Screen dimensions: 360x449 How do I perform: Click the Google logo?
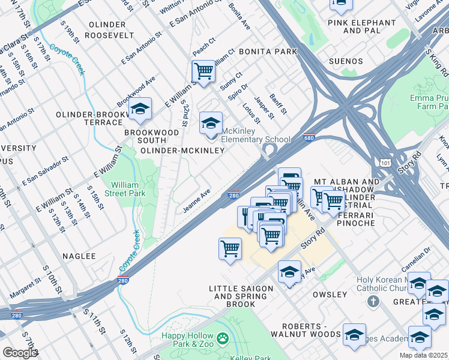pos(20,353)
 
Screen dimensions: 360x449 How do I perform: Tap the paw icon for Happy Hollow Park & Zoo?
pos(223,340)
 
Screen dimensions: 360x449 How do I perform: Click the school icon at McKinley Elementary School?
pos(210,124)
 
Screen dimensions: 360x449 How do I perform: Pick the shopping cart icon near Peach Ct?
pos(203,71)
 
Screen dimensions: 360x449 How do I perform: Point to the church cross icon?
pos(373,301)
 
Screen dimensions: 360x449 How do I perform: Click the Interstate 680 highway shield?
pos(309,137)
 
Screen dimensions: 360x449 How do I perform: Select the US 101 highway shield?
pos(385,162)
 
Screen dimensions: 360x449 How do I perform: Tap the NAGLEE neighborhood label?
pos(79,256)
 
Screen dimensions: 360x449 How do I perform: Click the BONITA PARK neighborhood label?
pos(268,52)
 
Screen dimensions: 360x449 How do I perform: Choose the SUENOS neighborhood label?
pos(346,61)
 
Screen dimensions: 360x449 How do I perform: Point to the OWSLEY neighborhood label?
pos(330,295)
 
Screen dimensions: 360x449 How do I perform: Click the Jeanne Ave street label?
pos(197,201)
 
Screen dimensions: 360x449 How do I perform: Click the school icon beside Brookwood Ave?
pos(140,109)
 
